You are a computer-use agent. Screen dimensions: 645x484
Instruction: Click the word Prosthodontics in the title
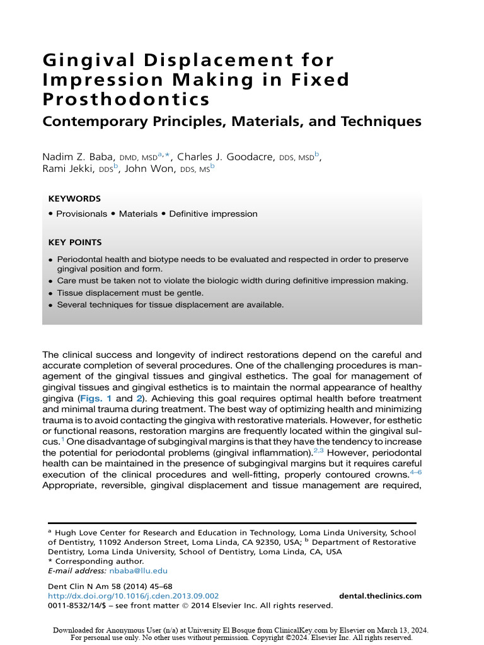(126, 100)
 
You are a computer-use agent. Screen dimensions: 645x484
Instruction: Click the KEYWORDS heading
(74, 198)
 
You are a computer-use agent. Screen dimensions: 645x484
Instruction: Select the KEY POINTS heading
(75, 242)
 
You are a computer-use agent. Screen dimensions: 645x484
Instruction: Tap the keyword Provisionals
(81, 214)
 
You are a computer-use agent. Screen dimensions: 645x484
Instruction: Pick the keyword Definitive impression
(213, 214)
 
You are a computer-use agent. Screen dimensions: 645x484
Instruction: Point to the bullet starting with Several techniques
(170, 305)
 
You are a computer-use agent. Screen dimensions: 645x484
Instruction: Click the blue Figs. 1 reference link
(95, 399)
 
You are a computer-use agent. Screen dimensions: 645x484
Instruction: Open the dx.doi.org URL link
(134, 596)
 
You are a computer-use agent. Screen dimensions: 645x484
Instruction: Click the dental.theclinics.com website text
(380, 596)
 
